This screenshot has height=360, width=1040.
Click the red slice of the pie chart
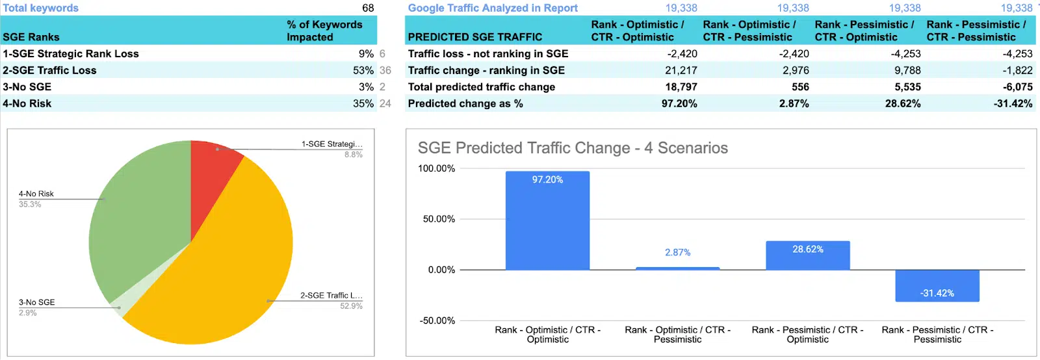coord(211,175)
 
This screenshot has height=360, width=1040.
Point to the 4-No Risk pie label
coord(36,194)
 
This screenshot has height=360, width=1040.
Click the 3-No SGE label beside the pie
coord(37,302)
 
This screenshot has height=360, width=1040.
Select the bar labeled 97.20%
coord(547,221)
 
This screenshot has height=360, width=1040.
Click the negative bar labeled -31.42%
coord(937,286)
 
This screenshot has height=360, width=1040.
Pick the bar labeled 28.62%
coord(807,255)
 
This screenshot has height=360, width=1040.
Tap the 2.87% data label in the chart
coord(677,252)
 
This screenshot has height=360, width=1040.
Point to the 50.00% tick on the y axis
coord(439,219)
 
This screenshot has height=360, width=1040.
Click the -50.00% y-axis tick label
coord(437,320)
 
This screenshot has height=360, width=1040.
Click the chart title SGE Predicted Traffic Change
coord(573,148)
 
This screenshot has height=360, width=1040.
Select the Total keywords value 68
coord(368,8)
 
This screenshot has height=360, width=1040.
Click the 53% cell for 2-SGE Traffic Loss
coord(363,70)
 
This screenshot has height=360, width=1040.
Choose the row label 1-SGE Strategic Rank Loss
coord(71,54)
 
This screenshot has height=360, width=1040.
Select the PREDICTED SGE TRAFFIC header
coord(475,37)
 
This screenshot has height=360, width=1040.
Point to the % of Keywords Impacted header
coord(324,31)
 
